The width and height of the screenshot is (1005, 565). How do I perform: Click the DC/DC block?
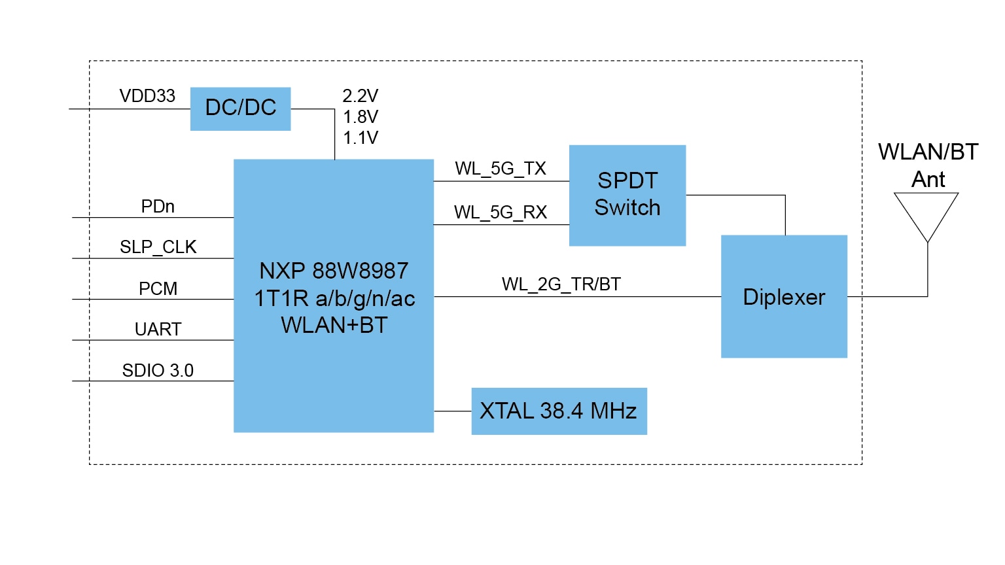pos(240,109)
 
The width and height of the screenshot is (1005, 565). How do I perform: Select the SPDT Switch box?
pos(627,195)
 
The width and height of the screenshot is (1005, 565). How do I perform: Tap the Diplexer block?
pos(784,297)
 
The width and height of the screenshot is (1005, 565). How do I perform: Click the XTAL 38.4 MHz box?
pos(559,411)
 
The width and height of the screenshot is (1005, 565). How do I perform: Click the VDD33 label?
pos(147,96)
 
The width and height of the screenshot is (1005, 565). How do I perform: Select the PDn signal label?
pos(158,207)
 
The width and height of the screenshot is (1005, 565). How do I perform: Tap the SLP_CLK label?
pos(158,247)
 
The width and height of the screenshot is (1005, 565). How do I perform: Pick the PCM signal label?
pos(158,288)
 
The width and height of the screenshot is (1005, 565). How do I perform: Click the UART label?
pos(158,330)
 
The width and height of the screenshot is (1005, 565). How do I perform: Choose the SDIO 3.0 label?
pos(158,371)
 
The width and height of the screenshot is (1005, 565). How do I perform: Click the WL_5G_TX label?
pos(501,169)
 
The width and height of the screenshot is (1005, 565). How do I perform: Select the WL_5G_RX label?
pos(501,213)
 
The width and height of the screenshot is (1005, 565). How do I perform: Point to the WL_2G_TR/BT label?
pos(561,284)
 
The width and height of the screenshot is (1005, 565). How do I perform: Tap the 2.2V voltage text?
pos(361,96)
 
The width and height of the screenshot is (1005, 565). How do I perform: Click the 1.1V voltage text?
pos(361,138)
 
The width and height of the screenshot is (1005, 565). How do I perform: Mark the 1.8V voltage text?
pos(361,117)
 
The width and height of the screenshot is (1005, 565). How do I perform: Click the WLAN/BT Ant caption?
pos(928,165)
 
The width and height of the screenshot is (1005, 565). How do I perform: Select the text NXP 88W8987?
pos(334,271)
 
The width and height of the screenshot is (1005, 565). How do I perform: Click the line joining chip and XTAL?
pos(452,411)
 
